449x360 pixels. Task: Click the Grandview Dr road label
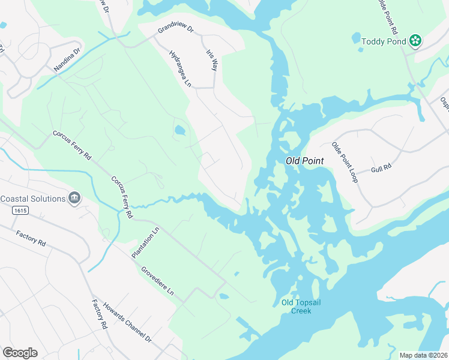click(x=176, y=28)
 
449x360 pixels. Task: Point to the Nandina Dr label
click(x=66, y=61)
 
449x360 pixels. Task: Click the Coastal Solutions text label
click(x=32, y=199)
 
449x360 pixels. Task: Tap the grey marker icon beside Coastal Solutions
click(x=74, y=199)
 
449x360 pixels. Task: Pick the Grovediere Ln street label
click(x=158, y=281)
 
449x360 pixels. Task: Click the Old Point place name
click(x=305, y=161)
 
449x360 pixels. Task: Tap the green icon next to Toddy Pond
click(x=415, y=41)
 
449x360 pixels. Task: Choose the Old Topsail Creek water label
click(x=301, y=306)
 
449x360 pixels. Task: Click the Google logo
click(x=20, y=353)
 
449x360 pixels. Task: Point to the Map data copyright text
click(x=423, y=355)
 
